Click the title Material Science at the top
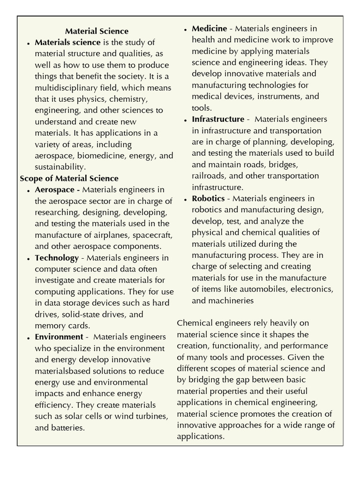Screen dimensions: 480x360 click(x=97, y=31)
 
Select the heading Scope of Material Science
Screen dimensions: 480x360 click(x=69, y=179)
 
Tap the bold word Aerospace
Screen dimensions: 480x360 click(x=55, y=190)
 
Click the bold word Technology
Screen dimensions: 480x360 click(x=57, y=258)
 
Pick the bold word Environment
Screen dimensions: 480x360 click(x=59, y=337)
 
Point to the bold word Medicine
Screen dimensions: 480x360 click(x=209, y=29)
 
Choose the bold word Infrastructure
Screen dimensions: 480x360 click(x=218, y=119)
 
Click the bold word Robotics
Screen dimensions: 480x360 click(x=208, y=198)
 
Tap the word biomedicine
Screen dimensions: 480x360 click(x=100, y=156)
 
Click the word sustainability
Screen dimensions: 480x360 click(x=60, y=167)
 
